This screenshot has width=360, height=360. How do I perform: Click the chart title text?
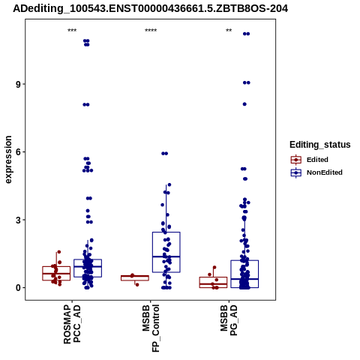(151, 9)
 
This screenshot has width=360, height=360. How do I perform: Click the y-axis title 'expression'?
(8, 160)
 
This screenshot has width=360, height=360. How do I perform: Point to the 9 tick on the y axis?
(18, 84)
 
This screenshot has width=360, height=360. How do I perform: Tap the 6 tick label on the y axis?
(18, 152)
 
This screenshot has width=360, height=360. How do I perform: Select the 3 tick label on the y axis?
(18, 220)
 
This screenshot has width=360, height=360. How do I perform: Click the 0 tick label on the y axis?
(18, 288)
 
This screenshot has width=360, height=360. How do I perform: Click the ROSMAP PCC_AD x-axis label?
(72, 325)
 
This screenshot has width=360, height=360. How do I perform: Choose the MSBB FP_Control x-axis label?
(151, 328)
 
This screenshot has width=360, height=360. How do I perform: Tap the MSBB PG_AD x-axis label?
(229, 320)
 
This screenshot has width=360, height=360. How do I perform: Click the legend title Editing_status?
(320, 145)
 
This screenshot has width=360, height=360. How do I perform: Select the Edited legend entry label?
(317, 160)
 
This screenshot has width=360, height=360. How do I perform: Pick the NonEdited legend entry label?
(325, 172)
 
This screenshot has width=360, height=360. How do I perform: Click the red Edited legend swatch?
(296, 160)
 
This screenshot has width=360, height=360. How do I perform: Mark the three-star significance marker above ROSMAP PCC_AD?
(72, 31)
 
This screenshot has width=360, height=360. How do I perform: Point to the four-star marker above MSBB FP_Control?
(151, 31)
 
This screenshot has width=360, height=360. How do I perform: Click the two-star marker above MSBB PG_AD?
(229, 31)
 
